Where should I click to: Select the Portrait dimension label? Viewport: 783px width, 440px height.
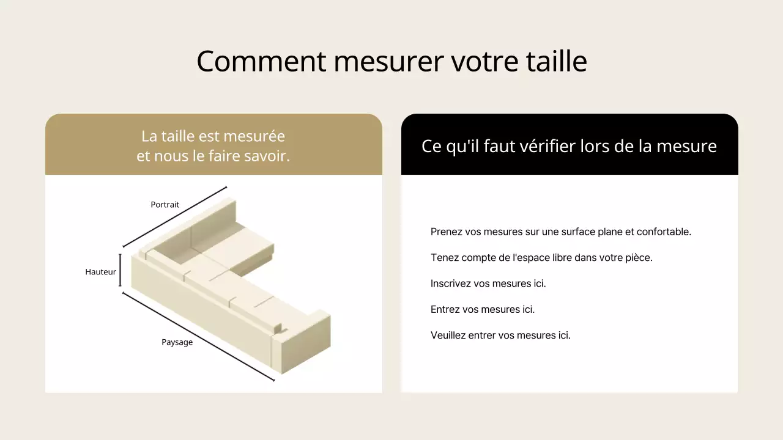(x=165, y=205)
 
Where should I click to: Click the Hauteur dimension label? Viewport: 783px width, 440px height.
(x=101, y=272)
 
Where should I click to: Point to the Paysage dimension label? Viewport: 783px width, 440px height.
(x=177, y=342)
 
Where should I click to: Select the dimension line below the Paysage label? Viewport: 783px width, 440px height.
(x=199, y=337)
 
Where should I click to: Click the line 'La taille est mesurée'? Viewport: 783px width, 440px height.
(x=213, y=136)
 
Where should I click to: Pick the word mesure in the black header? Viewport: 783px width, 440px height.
(x=687, y=147)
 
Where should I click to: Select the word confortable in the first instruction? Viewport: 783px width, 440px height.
(x=664, y=232)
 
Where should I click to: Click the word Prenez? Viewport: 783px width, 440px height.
(x=446, y=232)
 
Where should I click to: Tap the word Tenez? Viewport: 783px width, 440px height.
(x=444, y=258)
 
